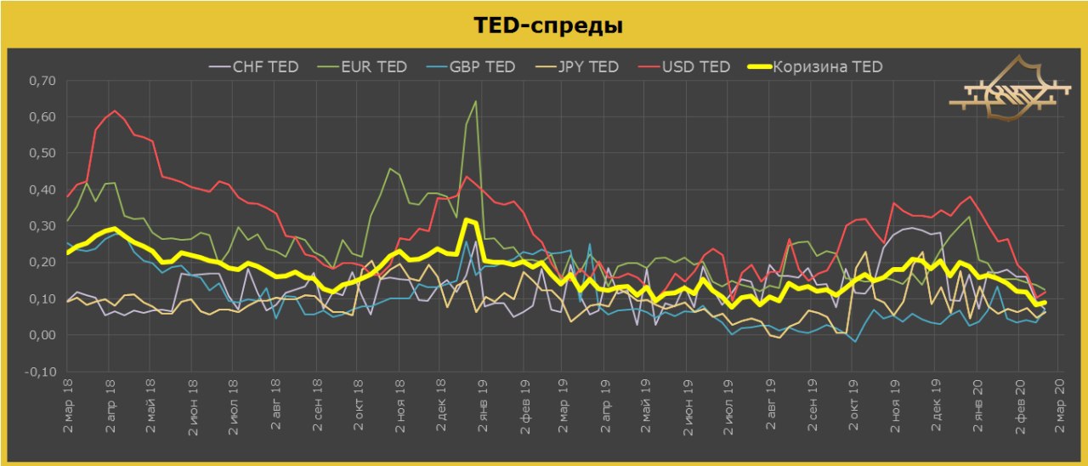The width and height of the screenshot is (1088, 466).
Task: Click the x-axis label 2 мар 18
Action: coord(70,409)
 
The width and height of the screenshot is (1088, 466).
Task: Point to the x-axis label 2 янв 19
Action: coord(482,409)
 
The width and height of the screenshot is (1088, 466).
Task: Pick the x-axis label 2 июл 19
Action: coord(728,409)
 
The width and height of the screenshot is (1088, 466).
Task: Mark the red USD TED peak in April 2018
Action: coord(116,111)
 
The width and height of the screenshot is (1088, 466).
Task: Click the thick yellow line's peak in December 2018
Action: coord(467,219)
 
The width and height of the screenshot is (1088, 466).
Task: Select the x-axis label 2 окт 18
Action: coord(358,409)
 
